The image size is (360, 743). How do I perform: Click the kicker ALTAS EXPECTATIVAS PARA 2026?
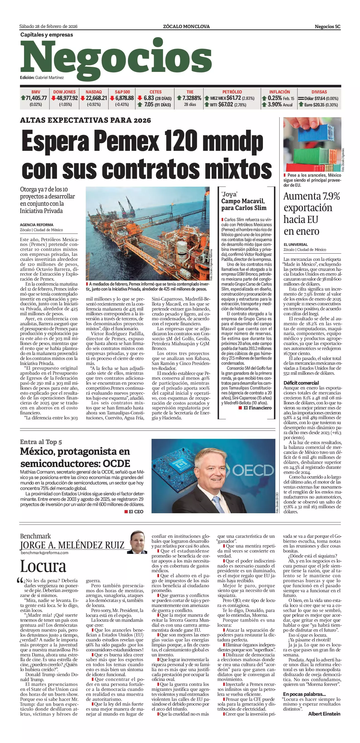(x=85, y=120)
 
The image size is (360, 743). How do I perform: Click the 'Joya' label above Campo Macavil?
(x=229, y=194)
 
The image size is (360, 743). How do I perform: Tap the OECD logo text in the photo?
(x=253, y=470)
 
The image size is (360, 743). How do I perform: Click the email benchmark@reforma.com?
(x=44, y=553)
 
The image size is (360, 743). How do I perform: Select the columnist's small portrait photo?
(x=137, y=542)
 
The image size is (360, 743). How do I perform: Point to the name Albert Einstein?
(x=324, y=714)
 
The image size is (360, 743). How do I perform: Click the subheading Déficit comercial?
(x=301, y=383)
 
